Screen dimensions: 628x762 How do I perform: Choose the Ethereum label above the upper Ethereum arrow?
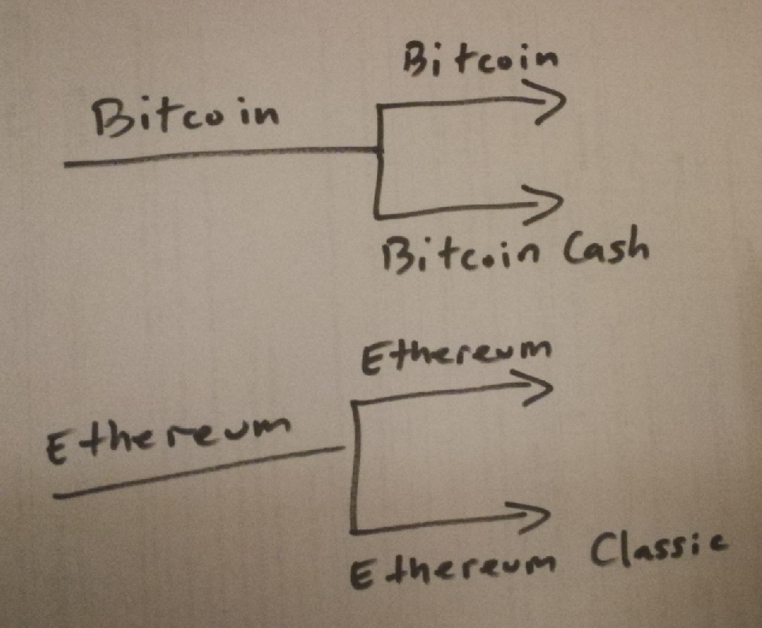tap(458, 355)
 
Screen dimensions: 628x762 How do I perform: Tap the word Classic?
tap(659, 551)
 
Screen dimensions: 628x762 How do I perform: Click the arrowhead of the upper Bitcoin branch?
tap(553, 103)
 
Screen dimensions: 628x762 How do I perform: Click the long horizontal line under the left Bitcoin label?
tap(217, 156)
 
